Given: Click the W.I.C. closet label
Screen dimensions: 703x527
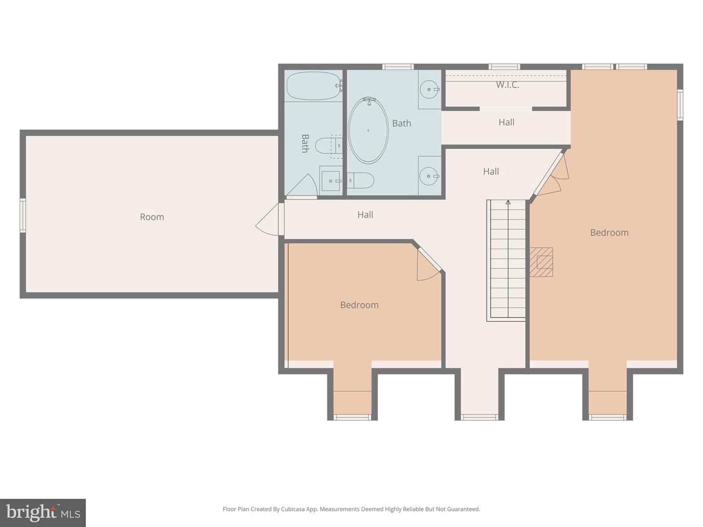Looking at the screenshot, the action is click(x=507, y=85).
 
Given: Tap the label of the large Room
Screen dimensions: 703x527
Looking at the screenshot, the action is click(x=152, y=217).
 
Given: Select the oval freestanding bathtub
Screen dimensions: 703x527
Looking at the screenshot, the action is click(x=368, y=130).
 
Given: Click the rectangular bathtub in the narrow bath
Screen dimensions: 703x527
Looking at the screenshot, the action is click(x=313, y=86).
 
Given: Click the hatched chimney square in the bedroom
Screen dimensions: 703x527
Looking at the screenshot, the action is click(x=541, y=262).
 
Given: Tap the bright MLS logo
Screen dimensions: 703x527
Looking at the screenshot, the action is click(x=42, y=512).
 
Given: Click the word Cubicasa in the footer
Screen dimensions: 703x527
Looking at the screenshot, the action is click(x=293, y=509).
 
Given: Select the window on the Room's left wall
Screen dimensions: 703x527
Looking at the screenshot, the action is click(x=23, y=215).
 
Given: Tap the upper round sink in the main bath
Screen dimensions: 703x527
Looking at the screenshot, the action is click(x=429, y=89).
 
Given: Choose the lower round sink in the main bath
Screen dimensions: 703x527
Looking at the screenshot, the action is click(x=429, y=176).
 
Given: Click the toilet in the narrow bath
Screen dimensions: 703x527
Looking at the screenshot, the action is click(x=329, y=146).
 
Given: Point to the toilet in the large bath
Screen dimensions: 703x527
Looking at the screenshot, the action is click(x=361, y=181).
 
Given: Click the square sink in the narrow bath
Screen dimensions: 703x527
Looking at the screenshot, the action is click(x=331, y=181).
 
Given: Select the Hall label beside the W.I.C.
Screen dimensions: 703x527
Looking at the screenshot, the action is click(x=506, y=122).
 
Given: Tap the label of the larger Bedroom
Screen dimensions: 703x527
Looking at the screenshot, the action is click(x=609, y=233).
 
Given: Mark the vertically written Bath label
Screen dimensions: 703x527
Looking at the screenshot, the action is click(x=305, y=143).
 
